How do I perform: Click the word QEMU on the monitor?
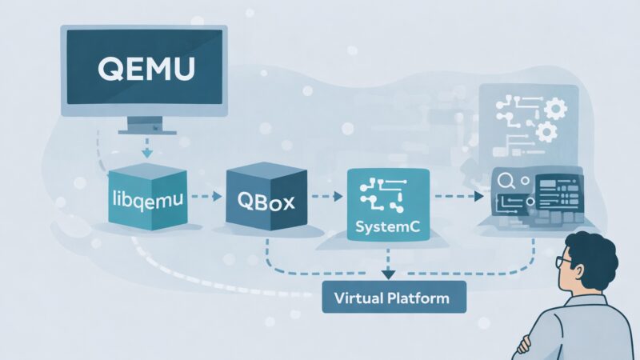click(145, 69)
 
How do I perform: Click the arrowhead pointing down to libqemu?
click(146, 154)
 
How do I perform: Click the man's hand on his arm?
click(524, 346)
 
